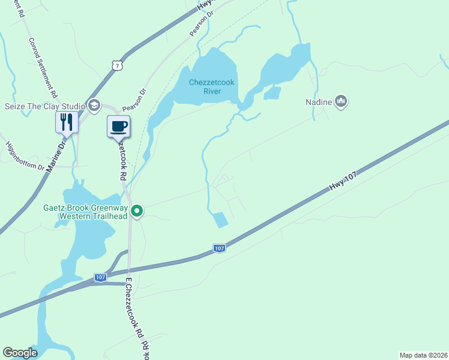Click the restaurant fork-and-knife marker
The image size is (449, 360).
click(67, 122)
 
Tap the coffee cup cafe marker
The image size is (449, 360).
click(118, 126)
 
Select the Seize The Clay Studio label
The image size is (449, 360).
click(44, 106)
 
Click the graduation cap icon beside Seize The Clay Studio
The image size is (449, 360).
click(94, 106)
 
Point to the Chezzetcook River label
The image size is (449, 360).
click(204, 86)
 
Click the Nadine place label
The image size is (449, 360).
click(318, 102)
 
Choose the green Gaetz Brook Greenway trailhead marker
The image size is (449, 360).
click(137, 211)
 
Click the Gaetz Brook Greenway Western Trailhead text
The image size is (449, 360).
click(83, 212)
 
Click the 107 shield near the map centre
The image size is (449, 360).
click(219, 247)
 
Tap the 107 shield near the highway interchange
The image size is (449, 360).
click(100, 277)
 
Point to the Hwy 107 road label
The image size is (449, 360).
click(343, 179)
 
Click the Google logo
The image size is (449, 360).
click(20, 353)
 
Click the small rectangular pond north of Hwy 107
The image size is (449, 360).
click(221, 220)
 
